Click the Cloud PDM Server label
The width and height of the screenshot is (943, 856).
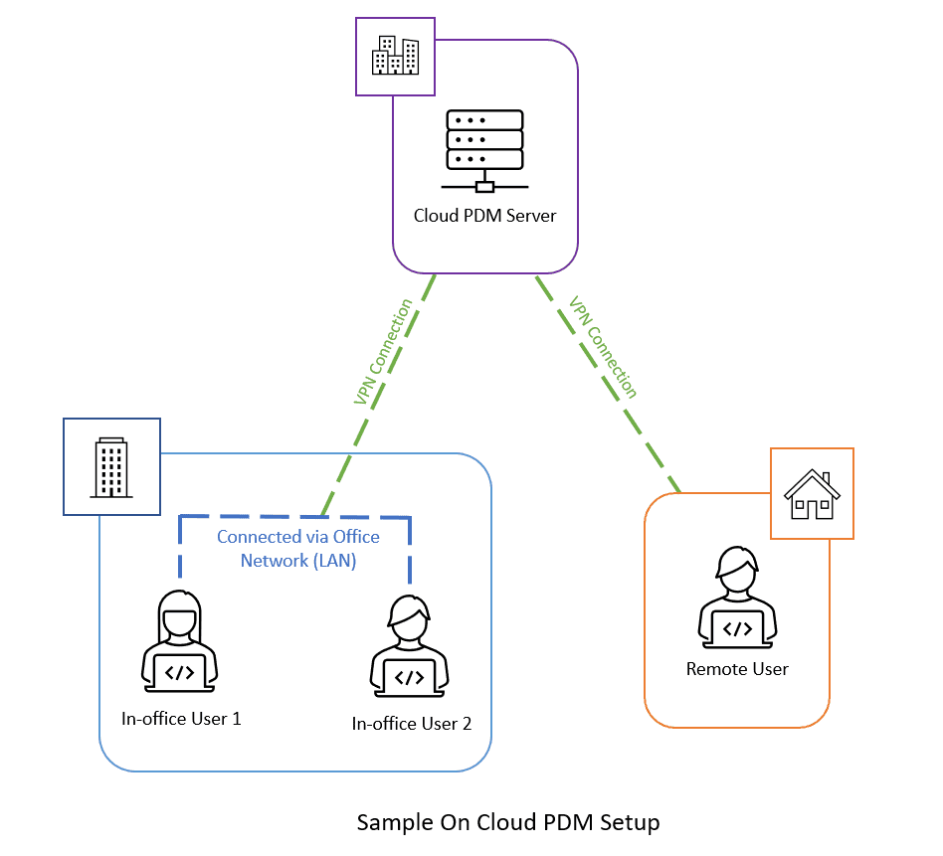(x=484, y=216)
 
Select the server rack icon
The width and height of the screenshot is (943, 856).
(x=484, y=150)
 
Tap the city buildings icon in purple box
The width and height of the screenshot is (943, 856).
(x=395, y=56)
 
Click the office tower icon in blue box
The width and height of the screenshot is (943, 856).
(x=111, y=466)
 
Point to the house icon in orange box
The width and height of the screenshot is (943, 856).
(x=812, y=493)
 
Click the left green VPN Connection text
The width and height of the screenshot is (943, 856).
(x=383, y=351)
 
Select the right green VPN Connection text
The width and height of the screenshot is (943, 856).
(x=603, y=346)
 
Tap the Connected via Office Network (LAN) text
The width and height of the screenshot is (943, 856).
(x=298, y=549)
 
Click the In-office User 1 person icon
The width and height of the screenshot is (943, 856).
(x=180, y=642)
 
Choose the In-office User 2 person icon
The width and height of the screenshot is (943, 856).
(x=409, y=647)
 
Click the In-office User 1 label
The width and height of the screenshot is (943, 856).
(x=181, y=718)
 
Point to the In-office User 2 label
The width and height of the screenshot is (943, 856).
(x=412, y=724)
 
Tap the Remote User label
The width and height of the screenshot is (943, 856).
(x=737, y=669)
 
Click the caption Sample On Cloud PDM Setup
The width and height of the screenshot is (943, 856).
(x=508, y=823)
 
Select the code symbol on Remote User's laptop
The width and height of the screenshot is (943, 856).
(x=737, y=628)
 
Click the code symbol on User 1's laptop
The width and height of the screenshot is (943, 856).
(x=180, y=673)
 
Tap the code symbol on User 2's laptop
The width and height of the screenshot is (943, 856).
(x=409, y=678)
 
